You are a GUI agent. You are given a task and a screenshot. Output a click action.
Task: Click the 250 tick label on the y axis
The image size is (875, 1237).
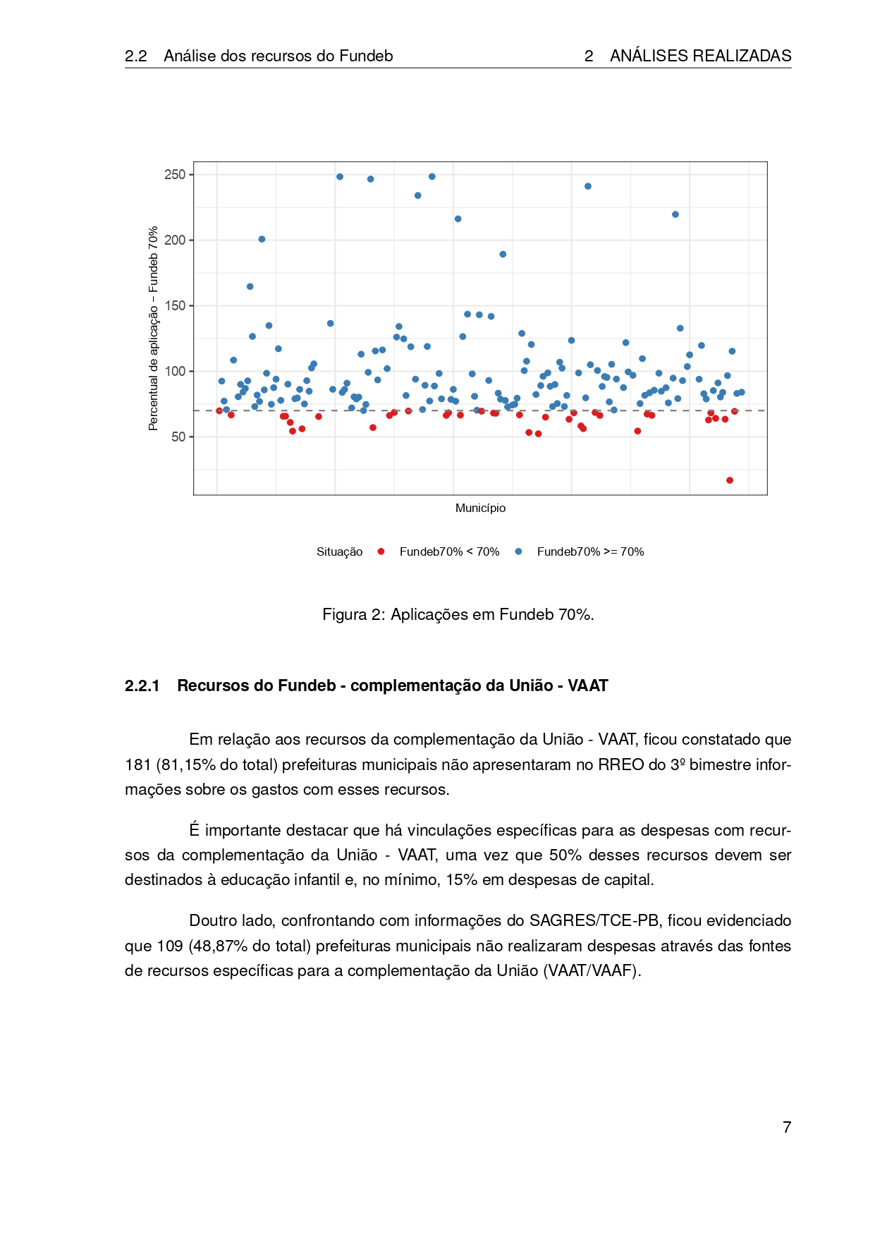click(x=175, y=174)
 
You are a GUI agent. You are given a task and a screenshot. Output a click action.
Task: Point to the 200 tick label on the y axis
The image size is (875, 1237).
click(x=175, y=240)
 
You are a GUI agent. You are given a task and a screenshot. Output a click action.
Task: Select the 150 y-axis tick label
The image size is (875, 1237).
click(x=175, y=305)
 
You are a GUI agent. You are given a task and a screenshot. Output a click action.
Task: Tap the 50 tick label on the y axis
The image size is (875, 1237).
click(x=178, y=437)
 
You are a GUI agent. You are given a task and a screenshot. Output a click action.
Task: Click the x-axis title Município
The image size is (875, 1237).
click(x=480, y=508)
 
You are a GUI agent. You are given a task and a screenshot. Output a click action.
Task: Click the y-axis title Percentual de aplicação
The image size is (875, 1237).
click(x=153, y=328)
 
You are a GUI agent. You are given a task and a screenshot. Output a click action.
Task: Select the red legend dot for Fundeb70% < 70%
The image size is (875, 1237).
click(x=381, y=552)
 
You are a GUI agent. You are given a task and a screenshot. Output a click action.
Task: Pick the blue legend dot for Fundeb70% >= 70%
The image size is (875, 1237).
click(x=518, y=552)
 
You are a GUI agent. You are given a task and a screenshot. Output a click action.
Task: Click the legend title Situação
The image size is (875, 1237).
click(x=339, y=552)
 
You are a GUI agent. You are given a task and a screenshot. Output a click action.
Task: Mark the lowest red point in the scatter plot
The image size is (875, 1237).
click(x=730, y=480)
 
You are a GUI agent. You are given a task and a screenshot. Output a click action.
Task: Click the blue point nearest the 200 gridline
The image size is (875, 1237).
click(x=262, y=239)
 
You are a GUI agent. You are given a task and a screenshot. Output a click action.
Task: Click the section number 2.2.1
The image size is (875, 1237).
click(x=142, y=685)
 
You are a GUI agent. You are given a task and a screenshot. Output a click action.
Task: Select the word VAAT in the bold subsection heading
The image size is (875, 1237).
click(x=587, y=685)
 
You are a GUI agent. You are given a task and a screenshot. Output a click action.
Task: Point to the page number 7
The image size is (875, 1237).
click(x=787, y=1127)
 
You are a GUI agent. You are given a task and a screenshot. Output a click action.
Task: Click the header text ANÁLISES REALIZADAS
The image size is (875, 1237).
click(x=700, y=56)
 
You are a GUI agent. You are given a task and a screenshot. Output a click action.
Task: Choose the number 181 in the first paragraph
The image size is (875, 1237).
click(x=137, y=764)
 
